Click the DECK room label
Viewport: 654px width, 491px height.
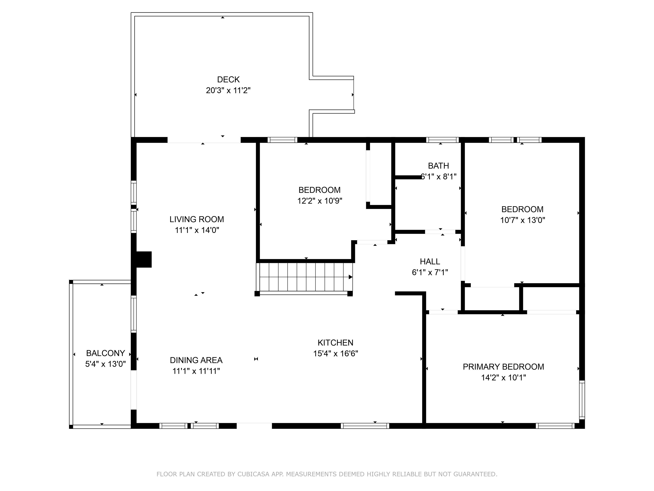228,80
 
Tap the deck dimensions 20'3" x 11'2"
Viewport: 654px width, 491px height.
228,91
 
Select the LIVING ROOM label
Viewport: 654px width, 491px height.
197,219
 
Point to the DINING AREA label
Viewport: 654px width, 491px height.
196,360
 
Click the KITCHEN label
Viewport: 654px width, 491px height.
335,343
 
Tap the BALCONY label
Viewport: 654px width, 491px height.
106,353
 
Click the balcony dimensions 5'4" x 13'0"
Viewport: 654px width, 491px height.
106,364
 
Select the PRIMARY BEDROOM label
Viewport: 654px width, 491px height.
503,367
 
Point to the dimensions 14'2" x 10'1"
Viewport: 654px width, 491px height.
503,378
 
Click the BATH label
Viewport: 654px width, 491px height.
439,166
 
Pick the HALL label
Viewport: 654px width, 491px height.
430,262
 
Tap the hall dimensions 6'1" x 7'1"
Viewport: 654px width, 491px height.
430,272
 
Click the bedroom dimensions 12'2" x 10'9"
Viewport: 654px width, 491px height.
320,201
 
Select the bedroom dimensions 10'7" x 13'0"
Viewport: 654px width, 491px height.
522,220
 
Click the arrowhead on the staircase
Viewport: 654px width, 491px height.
350,277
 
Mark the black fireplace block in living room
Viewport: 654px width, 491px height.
144,260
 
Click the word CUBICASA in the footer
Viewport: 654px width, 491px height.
253,474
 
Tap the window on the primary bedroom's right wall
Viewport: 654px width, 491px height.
582,400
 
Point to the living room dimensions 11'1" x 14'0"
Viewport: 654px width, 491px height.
197,230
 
